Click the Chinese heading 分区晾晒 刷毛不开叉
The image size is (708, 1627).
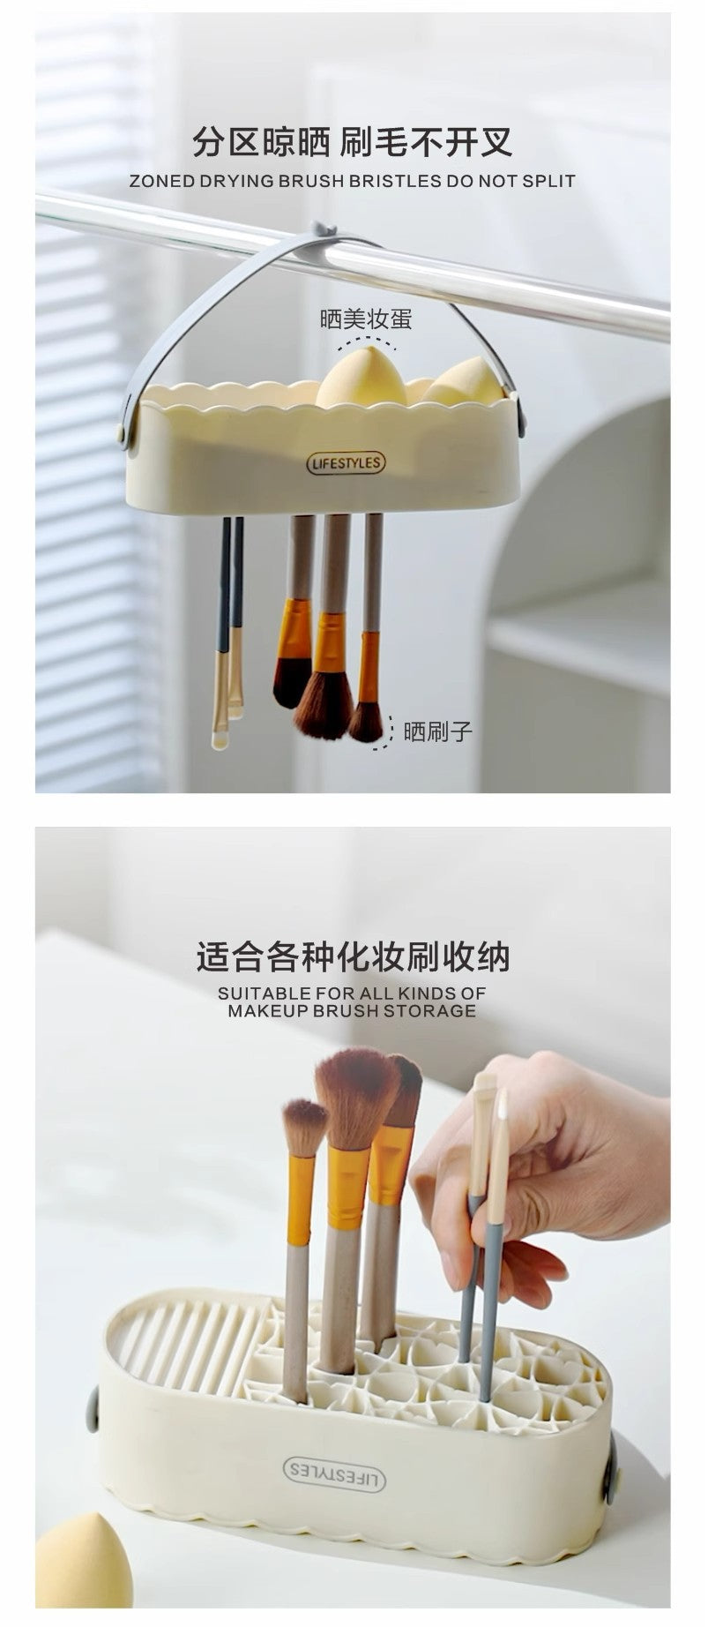pyautogui.click(x=353, y=140)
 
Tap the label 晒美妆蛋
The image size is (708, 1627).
pyautogui.click(x=366, y=319)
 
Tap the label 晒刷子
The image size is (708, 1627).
pyautogui.click(x=438, y=731)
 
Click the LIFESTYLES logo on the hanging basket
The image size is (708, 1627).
pyautogui.click(x=346, y=462)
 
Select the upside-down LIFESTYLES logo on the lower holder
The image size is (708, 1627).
pyautogui.click(x=334, y=1472)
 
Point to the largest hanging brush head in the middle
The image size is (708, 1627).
pyautogui.click(x=324, y=706)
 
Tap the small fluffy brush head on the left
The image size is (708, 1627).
pyautogui.click(x=304, y=1128)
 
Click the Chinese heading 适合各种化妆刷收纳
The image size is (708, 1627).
pyautogui.click(x=353, y=956)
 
